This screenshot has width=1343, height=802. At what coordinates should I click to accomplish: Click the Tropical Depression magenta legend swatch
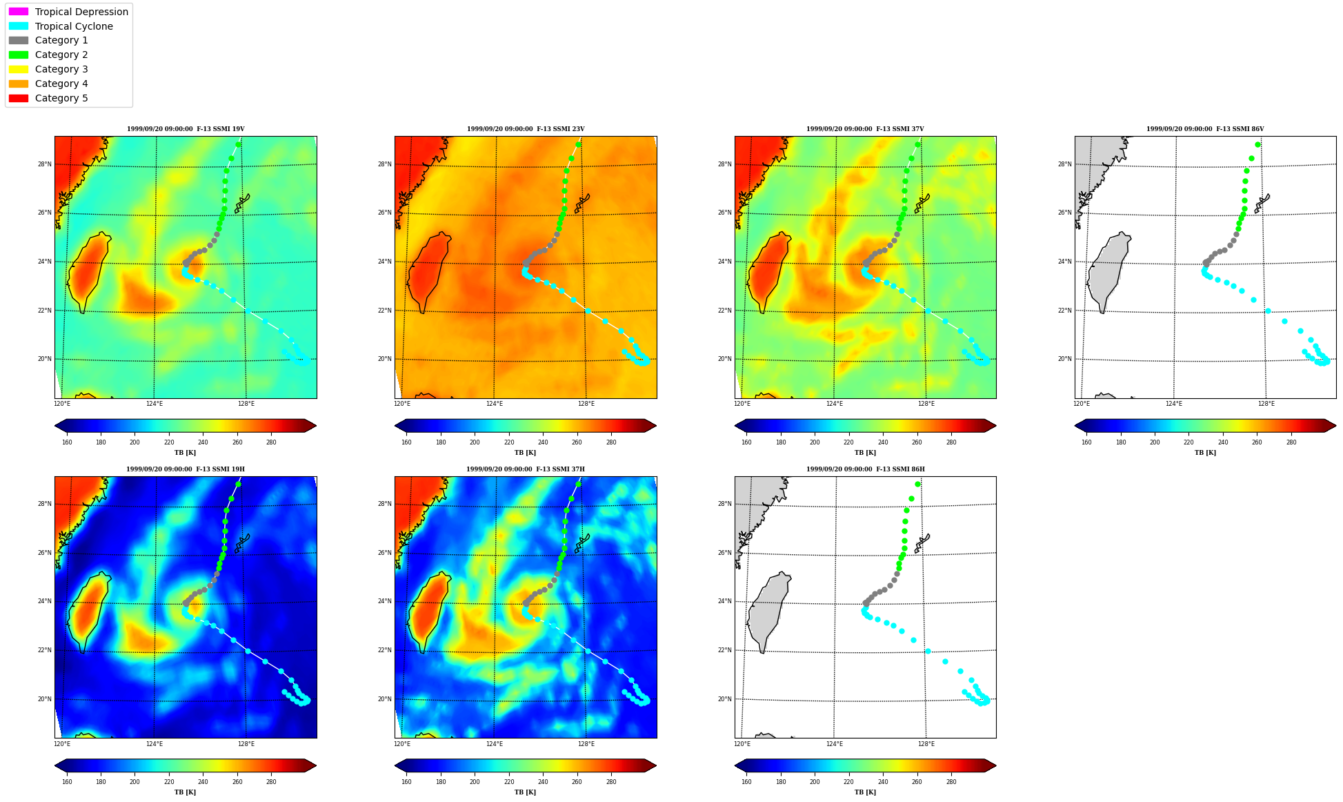pyautogui.click(x=19, y=12)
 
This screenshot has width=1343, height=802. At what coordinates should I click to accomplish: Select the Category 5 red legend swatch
pyautogui.click(x=19, y=98)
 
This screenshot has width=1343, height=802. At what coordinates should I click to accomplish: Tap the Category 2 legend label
pyautogui.click(x=61, y=55)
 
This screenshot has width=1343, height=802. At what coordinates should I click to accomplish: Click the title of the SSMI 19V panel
pyautogui.click(x=186, y=129)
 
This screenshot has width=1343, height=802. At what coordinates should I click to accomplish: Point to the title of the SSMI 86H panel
pyautogui.click(x=866, y=469)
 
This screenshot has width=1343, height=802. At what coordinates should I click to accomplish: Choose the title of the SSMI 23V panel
pyautogui.click(x=526, y=129)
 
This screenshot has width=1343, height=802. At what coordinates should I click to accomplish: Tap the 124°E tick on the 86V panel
pyautogui.click(x=1174, y=404)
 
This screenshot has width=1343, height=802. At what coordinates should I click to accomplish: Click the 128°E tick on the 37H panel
pyautogui.click(x=586, y=744)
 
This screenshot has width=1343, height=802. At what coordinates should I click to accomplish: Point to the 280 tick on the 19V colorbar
pyautogui.click(x=271, y=442)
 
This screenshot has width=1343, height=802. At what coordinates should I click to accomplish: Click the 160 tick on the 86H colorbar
pyautogui.click(x=746, y=782)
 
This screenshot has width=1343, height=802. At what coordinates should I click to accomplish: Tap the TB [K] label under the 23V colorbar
pyautogui.click(x=526, y=453)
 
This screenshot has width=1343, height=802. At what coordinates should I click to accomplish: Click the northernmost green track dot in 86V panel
pyautogui.click(x=1257, y=145)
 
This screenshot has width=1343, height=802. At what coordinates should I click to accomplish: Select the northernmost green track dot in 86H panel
pyautogui.click(x=917, y=485)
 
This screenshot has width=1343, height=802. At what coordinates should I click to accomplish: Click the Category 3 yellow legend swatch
pyautogui.click(x=19, y=69)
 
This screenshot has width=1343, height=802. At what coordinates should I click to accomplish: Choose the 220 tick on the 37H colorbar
pyautogui.click(x=509, y=782)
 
